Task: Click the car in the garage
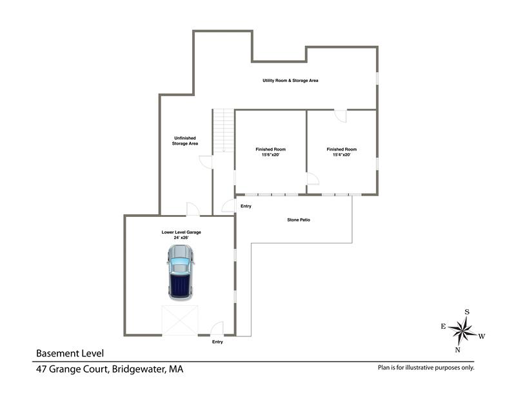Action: pyautogui.click(x=180, y=272)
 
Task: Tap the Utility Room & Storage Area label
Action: pyautogui.click(x=290, y=81)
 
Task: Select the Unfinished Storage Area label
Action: pyautogui.click(x=185, y=141)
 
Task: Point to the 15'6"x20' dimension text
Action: pyautogui.click(x=270, y=154)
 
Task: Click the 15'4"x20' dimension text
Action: pyautogui.click(x=342, y=154)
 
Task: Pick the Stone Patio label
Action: pyautogui.click(x=299, y=220)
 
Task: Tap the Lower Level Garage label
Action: pyautogui.click(x=181, y=232)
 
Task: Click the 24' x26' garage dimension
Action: pyautogui.click(x=181, y=238)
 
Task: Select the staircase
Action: pyautogui.click(x=223, y=130)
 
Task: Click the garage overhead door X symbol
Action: pyautogui.click(x=180, y=321)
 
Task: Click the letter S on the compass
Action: pyautogui.click(x=466, y=312)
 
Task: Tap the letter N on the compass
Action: pyautogui.click(x=457, y=350)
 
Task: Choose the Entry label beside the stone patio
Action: pyautogui.click(x=246, y=206)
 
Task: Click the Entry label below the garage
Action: pyautogui.click(x=217, y=342)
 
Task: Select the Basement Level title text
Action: pyautogui.click(x=70, y=354)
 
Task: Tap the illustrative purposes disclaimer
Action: pyautogui.click(x=426, y=368)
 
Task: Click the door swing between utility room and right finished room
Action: pyautogui.click(x=341, y=116)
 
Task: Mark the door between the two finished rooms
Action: pyautogui.click(x=313, y=178)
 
